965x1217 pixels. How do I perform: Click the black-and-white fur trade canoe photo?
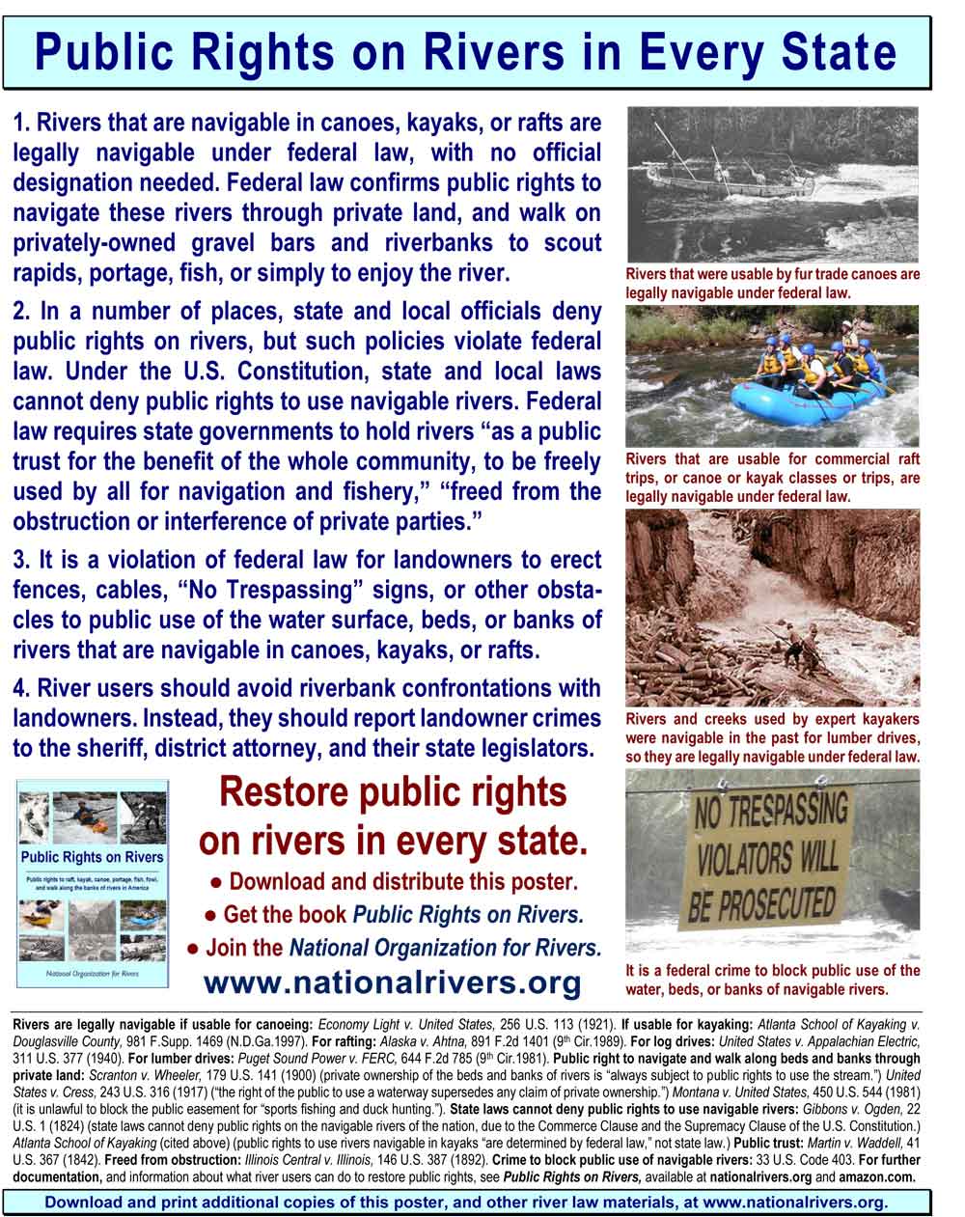[772, 183]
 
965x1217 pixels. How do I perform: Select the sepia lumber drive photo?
[772, 608]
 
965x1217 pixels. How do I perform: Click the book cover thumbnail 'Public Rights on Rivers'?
[93, 882]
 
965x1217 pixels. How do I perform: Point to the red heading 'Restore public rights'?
[393, 792]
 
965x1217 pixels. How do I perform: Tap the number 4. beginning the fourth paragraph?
[23, 689]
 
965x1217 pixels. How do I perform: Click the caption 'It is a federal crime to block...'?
[772, 980]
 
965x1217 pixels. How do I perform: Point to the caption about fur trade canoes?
[772, 283]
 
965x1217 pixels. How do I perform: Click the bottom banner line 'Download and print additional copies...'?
[466, 1203]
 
